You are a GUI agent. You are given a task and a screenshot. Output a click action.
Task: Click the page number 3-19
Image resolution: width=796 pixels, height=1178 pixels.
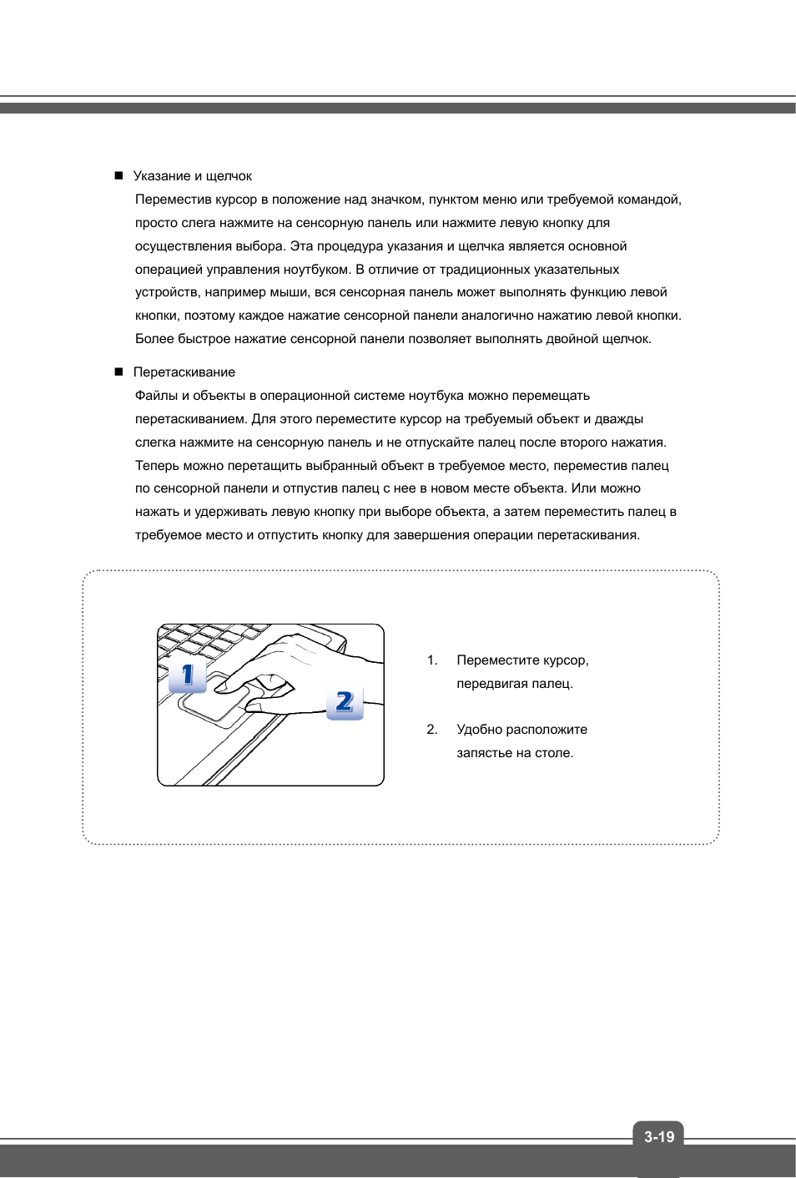pos(658,1136)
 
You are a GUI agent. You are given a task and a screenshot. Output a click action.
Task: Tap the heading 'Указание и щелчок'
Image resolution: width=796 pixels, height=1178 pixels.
pos(192,176)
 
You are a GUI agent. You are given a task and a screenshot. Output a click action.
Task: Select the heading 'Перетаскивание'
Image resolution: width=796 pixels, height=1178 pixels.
pos(184,372)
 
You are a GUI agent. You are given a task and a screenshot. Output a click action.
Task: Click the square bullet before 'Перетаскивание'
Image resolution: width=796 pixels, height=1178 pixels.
pos(118,372)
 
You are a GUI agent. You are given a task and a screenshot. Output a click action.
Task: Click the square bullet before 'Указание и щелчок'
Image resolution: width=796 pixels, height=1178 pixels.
pos(118,175)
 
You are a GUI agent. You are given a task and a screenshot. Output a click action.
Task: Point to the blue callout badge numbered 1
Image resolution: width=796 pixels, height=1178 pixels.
pos(187,675)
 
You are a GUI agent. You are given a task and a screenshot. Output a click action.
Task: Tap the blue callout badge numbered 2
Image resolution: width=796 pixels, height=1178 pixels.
pos(345,702)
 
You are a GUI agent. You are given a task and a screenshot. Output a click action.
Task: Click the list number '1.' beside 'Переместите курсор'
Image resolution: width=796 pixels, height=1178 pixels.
pos(432,660)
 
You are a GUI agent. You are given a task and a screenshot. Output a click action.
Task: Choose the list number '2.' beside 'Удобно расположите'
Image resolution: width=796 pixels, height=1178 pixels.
pos(432,730)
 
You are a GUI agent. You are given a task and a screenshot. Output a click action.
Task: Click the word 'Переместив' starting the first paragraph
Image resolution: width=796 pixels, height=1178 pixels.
pos(174,200)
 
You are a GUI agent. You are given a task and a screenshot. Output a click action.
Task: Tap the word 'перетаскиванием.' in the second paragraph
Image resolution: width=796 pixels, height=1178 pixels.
pos(191,419)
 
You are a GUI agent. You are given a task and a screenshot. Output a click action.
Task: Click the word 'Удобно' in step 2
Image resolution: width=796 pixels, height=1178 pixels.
pos(479,730)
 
